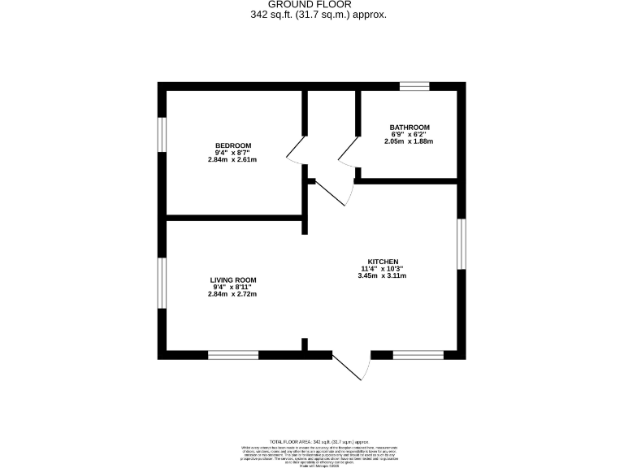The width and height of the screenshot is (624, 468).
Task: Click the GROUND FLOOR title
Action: click(312, 5)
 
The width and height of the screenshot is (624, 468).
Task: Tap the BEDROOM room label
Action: click(232, 145)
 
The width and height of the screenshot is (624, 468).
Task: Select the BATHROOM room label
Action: click(409, 128)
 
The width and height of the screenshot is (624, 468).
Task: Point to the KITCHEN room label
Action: click(381, 262)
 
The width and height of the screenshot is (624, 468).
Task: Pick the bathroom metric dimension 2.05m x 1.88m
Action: click(409, 141)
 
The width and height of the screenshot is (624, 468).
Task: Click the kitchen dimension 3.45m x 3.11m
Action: click(381, 276)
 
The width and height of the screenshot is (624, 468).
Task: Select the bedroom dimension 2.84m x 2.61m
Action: click(232, 159)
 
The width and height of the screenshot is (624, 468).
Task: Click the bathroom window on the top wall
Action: click(414, 85)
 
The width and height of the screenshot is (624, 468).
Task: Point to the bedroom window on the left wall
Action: click(162, 134)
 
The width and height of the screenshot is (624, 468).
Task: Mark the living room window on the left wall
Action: click(162, 284)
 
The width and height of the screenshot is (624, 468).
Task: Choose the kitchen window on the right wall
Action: click(461, 243)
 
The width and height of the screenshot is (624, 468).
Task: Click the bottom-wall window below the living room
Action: click(233, 354)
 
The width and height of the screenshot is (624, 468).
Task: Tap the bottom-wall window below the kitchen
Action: click(418, 354)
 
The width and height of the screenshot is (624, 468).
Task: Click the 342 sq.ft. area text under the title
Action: click(312, 15)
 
